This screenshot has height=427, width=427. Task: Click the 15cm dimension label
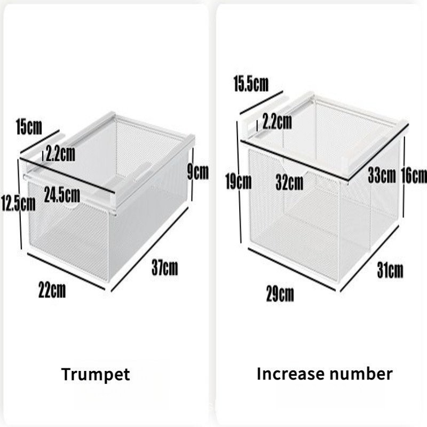coord(29,127)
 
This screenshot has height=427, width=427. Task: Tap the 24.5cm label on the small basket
coord(62,195)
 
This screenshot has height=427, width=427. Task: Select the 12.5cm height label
coord(18,203)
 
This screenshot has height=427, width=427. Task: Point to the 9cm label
coord(198,172)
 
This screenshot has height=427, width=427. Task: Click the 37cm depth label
coord(165,268)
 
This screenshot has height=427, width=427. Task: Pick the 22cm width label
coord(52,290)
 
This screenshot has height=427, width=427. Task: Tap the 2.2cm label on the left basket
coord(60,154)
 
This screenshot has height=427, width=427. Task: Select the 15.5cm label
coord(251,84)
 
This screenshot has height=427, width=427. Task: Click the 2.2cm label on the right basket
coord(277,122)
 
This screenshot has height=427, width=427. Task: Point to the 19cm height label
coord(239,181)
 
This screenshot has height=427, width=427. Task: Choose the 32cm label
coord(289,183)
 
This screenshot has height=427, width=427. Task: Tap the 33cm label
coord(382,176)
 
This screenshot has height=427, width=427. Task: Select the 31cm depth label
coord(390,270)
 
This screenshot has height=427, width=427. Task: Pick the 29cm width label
coord(280,294)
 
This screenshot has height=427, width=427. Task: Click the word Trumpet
coord(96,375)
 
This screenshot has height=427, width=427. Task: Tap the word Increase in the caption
coord(290,374)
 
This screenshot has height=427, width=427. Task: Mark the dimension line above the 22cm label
coord(66,272)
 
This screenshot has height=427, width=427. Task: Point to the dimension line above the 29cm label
coord(292,270)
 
